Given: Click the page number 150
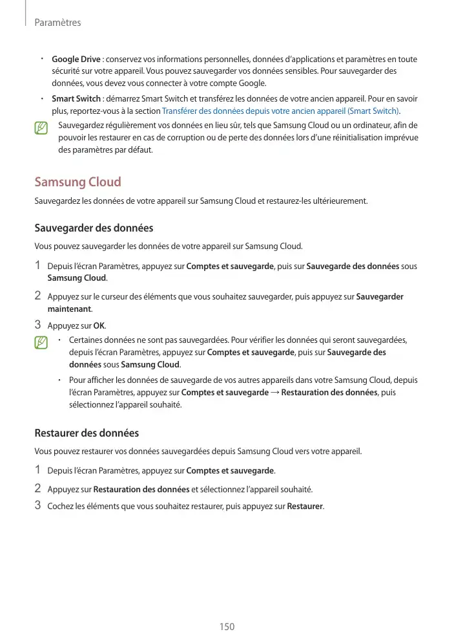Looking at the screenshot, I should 227,627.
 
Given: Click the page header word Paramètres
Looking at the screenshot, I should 57,23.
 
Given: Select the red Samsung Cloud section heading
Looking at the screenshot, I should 77,182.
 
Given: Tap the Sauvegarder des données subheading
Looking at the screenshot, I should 94,228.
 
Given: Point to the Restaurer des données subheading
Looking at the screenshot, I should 87,433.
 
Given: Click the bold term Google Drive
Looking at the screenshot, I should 76,60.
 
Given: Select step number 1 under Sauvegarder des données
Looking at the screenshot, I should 38,265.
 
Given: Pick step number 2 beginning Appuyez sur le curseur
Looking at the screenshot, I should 38,296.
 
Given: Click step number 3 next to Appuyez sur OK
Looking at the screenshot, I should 38,325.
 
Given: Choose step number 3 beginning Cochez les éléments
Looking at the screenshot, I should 38,505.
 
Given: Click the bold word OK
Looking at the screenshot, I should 99,325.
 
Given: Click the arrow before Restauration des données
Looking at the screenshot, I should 276,393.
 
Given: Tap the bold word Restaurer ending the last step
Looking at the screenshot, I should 305,506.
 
